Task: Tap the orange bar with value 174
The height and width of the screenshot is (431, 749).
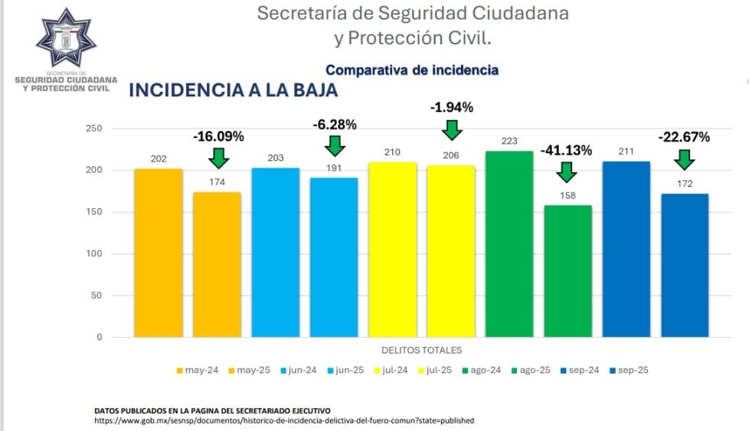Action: pos(217,264)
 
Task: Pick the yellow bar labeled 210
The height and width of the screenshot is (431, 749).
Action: pos(392,249)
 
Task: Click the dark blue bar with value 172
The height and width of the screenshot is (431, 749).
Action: pos(685,265)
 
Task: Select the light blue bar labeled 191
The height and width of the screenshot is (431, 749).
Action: pos(334,257)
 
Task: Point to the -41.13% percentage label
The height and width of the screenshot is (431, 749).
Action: pos(566,151)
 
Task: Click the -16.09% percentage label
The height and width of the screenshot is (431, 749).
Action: pos(218,137)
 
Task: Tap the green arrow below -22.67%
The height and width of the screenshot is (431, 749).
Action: pos(684,159)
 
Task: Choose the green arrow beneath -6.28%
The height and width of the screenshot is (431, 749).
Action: pos(335,144)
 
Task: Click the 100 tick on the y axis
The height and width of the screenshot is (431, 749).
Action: pos(93,254)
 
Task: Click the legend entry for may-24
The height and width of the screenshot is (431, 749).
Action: pos(198,371)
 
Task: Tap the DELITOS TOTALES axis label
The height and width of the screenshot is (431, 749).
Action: pos(421,351)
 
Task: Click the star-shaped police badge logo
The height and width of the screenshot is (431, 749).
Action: pos(66,40)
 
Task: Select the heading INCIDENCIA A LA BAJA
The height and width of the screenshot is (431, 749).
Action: pos(233,90)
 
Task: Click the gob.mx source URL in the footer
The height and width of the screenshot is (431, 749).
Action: pos(284,420)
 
